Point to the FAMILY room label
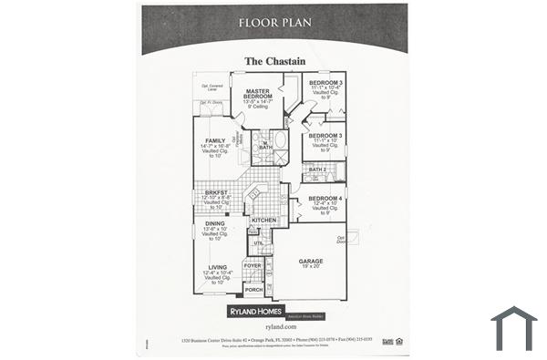(215, 140)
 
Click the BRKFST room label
(216, 192)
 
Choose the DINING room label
(215, 223)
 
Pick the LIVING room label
(217, 267)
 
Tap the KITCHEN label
(263, 221)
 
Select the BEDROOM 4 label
(325, 198)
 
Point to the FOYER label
(252, 265)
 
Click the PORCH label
(253, 289)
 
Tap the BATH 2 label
(317, 170)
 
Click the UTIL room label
(258, 243)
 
